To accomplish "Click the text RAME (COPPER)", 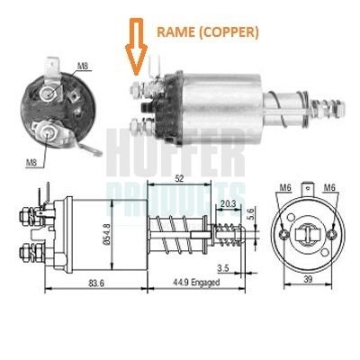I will [x=207, y=32].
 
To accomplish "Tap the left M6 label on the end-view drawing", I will [x=285, y=188].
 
